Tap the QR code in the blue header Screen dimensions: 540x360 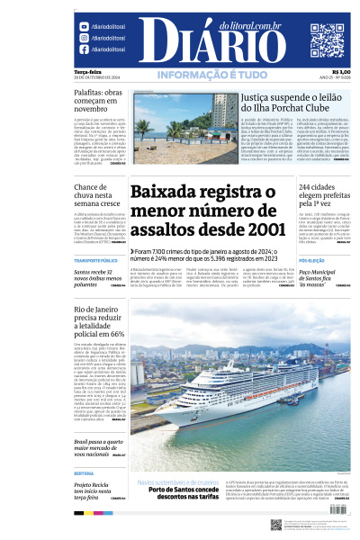pyautogui.click(x=328, y=40)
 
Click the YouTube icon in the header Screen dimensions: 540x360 pyautogui.click(x=85, y=27)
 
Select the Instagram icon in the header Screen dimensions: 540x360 pyautogui.click(x=85, y=39)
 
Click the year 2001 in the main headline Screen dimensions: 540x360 pyautogui.click(x=256, y=231)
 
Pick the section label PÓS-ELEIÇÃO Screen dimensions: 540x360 pyautogui.click(x=310, y=260)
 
